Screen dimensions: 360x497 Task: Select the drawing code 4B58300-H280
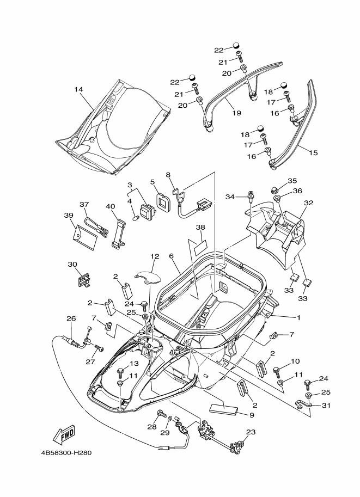66,453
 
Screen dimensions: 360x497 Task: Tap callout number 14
78,90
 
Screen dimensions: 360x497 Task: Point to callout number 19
236,113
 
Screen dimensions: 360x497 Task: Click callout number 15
313,152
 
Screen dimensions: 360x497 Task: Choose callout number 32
308,203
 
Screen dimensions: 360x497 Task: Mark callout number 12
155,256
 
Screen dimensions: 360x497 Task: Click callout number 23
251,432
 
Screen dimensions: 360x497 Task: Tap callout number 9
252,415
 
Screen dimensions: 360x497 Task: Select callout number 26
71,318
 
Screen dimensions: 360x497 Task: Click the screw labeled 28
162,414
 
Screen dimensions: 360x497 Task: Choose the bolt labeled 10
277,372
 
